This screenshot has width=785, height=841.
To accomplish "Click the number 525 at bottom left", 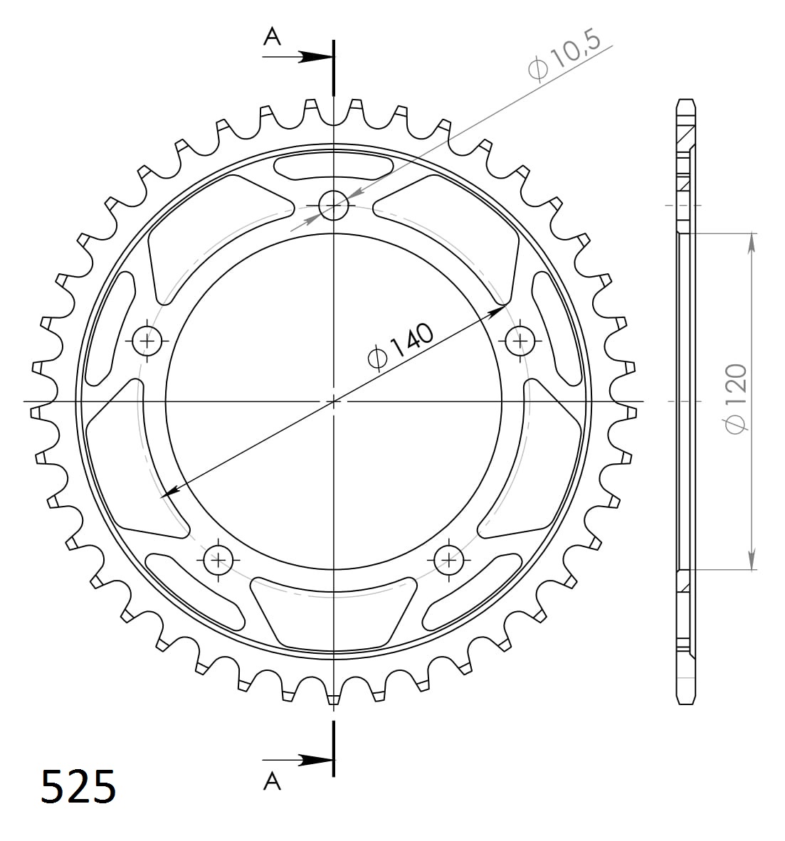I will pyautogui.click(x=78, y=786).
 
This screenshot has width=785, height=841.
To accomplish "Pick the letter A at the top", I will pyautogui.click(x=272, y=36).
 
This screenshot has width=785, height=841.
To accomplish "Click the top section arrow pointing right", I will pyautogui.click(x=311, y=57).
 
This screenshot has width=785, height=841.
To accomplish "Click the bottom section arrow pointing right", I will pyautogui.click(x=311, y=760).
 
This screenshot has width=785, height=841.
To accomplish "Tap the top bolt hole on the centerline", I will pyautogui.click(x=334, y=206).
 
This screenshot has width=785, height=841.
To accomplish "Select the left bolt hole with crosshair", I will pyautogui.click(x=148, y=342).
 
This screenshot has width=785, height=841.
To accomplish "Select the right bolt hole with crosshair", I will pyautogui.click(x=520, y=342).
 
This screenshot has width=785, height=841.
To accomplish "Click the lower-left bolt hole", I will pyautogui.click(x=218, y=560).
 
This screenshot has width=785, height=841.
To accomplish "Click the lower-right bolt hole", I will pyautogui.click(x=449, y=560).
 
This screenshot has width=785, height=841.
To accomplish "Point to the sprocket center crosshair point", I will pyautogui.click(x=334, y=401).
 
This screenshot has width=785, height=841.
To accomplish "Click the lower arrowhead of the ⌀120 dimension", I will pyautogui.click(x=752, y=562).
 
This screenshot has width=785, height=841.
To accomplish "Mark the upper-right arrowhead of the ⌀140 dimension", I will pyautogui.click(x=497, y=311).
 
